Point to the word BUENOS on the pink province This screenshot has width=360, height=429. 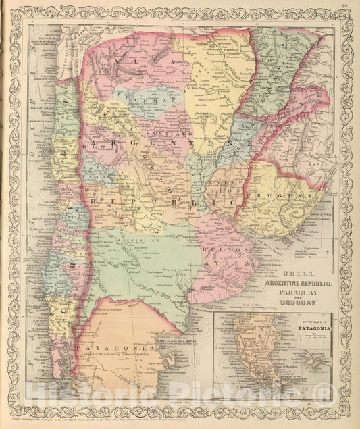pyautogui.click(x=217, y=249)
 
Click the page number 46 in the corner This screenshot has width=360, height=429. pyautogui.click(x=345, y=5)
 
